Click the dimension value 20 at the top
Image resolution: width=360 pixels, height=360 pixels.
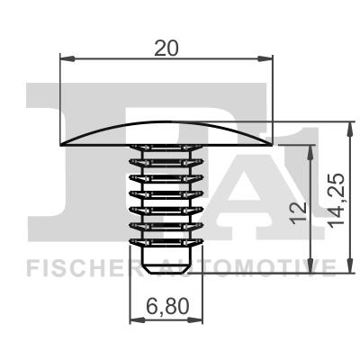click(x=166, y=48)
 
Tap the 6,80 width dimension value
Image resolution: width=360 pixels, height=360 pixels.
click(x=167, y=307)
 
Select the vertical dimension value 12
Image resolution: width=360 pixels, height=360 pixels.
click(x=299, y=212)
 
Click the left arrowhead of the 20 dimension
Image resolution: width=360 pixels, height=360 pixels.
click(x=67, y=58)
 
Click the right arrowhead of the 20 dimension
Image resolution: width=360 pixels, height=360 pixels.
click(x=265, y=58)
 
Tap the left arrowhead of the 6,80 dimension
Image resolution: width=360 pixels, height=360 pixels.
click(x=137, y=320)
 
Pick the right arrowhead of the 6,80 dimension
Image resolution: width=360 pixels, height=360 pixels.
click(x=195, y=320)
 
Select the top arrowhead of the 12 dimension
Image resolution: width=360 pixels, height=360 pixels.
click(x=310, y=153)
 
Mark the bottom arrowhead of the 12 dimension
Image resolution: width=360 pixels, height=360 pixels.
click(x=310, y=265)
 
